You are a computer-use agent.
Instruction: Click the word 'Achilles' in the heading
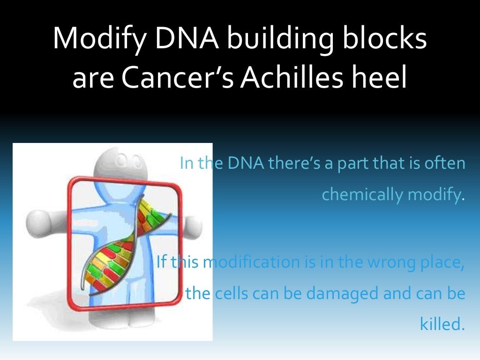click(292, 79)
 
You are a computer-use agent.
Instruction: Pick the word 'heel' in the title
click(380, 79)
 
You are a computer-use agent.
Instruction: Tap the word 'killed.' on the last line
click(442, 324)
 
